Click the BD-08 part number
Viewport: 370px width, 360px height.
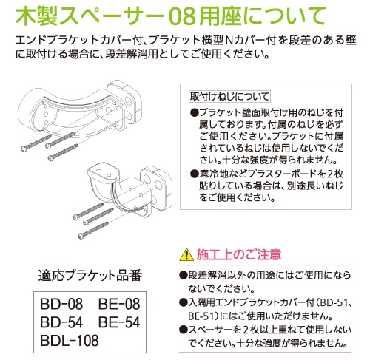click(x=61, y=304)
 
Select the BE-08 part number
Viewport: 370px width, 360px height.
click(x=119, y=304)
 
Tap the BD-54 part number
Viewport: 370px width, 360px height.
click(x=61, y=322)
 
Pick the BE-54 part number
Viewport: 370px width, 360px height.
click(x=119, y=322)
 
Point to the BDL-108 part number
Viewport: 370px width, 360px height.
click(x=70, y=340)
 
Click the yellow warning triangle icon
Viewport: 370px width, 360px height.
click(x=186, y=254)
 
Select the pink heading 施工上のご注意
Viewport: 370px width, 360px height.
click(x=239, y=254)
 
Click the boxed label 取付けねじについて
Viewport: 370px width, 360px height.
click(x=229, y=96)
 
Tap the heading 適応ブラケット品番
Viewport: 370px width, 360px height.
click(x=90, y=276)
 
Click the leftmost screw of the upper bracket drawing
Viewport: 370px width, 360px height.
click(x=36, y=143)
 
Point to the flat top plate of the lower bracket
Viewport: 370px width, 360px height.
click(x=104, y=172)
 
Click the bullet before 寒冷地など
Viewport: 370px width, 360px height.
click(x=194, y=174)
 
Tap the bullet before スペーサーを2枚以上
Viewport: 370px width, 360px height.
click(x=183, y=330)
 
